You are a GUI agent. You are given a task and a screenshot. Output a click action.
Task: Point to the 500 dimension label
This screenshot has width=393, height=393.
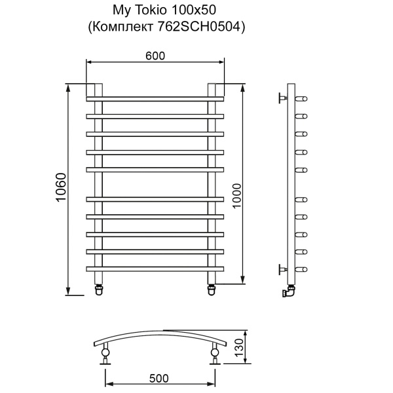click(159, 378)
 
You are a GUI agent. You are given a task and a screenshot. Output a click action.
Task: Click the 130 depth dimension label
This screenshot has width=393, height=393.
click(240, 345)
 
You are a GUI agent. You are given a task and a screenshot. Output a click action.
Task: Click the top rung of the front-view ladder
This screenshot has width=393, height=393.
click(155, 99)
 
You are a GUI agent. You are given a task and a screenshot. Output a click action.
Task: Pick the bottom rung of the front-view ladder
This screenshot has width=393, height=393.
click(155, 269)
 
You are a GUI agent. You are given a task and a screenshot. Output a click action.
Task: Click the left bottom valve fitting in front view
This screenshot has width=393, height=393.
click(100, 289)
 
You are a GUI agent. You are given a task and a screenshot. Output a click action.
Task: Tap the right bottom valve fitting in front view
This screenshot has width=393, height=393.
click(212, 289)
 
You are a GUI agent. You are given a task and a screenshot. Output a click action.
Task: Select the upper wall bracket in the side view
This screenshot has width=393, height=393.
click(283, 98)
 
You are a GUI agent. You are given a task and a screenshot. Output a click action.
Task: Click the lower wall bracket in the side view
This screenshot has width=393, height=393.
click(283, 269)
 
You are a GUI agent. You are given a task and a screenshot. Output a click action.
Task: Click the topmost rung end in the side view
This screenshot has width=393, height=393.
click(302, 99)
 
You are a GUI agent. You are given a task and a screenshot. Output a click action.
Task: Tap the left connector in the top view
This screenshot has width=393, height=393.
click(105, 355)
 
